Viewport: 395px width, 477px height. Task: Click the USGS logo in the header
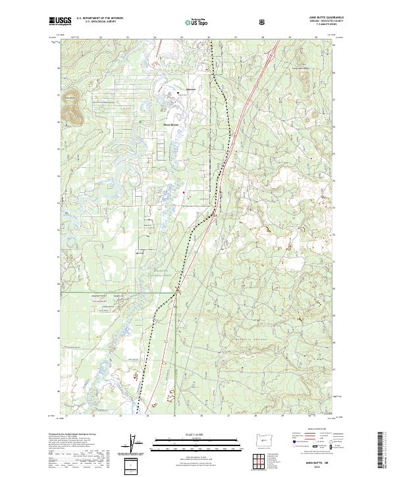61,21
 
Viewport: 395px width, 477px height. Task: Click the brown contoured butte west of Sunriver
72,109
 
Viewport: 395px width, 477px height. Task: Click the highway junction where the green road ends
176,292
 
